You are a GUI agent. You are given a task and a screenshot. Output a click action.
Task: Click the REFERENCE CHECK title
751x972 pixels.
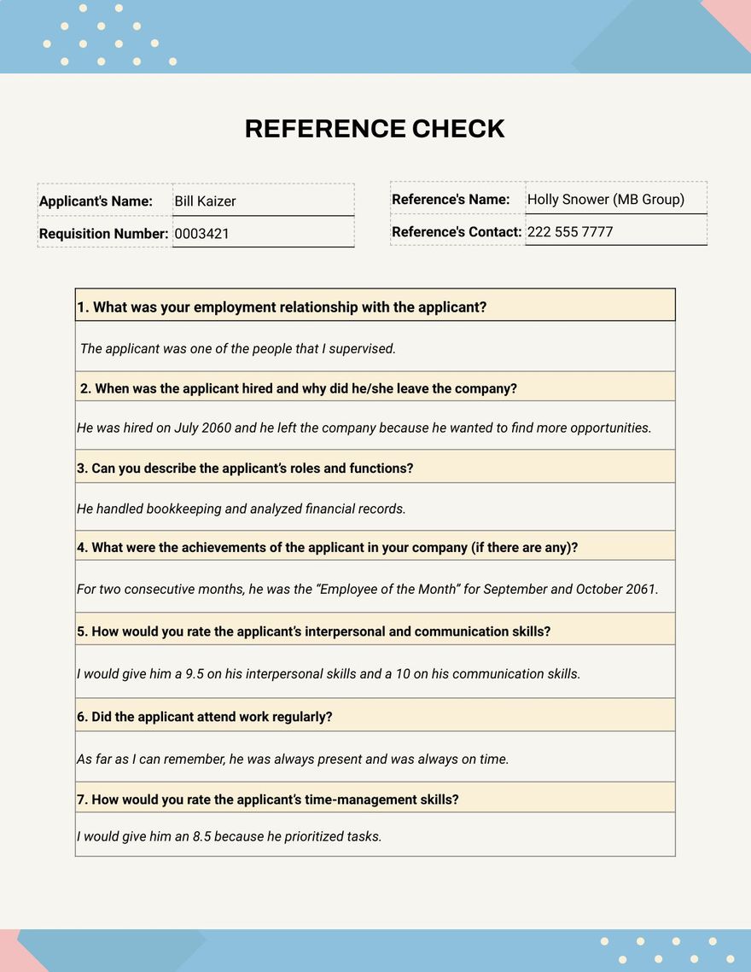pyautogui.click(x=375, y=129)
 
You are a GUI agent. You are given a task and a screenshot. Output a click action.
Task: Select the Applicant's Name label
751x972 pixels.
pyautogui.click(x=96, y=201)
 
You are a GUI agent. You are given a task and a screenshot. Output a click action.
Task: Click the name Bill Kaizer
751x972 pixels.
pyautogui.click(x=205, y=201)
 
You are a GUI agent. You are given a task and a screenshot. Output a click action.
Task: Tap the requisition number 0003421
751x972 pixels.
pyautogui.click(x=201, y=234)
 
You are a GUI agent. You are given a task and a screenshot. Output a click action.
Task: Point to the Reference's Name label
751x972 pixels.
pyautogui.click(x=451, y=200)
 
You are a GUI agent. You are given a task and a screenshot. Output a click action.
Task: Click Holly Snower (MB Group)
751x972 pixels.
pyautogui.click(x=605, y=200)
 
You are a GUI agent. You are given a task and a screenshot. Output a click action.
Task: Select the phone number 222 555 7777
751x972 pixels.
pyautogui.click(x=570, y=232)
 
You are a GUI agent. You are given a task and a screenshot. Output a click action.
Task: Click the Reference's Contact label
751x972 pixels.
pyautogui.click(x=457, y=232)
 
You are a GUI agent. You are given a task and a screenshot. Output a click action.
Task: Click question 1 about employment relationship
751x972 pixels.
pyautogui.click(x=282, y=307)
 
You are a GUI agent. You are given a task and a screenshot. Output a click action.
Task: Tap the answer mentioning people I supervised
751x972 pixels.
pyautogui.click(x=238, y=348)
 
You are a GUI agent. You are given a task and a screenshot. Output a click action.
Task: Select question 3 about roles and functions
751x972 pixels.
pyautogui.click(x=245, y=469)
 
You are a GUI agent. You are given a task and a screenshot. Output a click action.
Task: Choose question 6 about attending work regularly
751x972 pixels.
pyautogui.click(x=205, y=717)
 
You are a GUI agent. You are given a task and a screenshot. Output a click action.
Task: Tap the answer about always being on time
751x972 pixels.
pyautogui.click(x=293, y=759)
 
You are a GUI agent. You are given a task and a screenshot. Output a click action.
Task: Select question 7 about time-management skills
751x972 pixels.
pyautogui.click(x=268, y=800)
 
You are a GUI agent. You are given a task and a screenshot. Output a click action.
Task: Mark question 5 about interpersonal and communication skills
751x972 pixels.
pyautogui.click(x=314, y=632)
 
